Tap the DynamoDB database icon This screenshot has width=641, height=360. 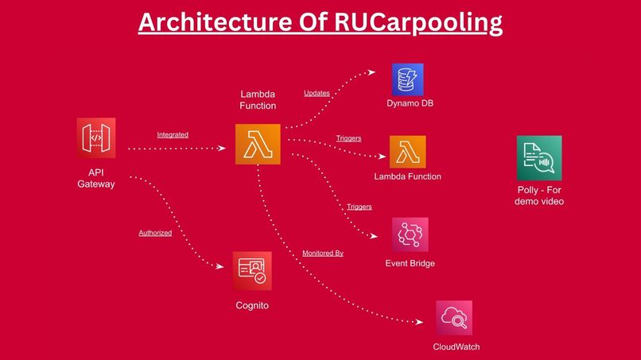tap(407, 79)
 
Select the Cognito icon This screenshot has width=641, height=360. tap(253, 270)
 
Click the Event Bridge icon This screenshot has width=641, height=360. tap(410, 235)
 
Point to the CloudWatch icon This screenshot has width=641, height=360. tap(454, 318)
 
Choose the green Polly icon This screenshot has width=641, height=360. tap(539, 157)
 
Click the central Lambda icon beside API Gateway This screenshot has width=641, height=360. tap(258, 145)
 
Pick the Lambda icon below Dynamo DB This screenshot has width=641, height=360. tap(408, 152)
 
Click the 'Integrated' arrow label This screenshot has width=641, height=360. tap(173, 135)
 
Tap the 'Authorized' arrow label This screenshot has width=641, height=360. tap(155, 233)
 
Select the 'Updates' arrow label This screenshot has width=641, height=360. tap(317, 93)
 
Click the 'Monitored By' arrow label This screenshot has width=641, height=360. tap(323, 253)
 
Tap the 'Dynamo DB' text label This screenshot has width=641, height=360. tap(410, 104)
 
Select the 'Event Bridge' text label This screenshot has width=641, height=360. tap(410, 263)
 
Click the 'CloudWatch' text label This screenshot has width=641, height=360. tap(456, 347)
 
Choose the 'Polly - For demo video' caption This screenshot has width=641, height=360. tap(540, 195)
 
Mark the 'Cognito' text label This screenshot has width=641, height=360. tap(252, 305)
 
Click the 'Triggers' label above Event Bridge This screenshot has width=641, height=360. tap(359, 207)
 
